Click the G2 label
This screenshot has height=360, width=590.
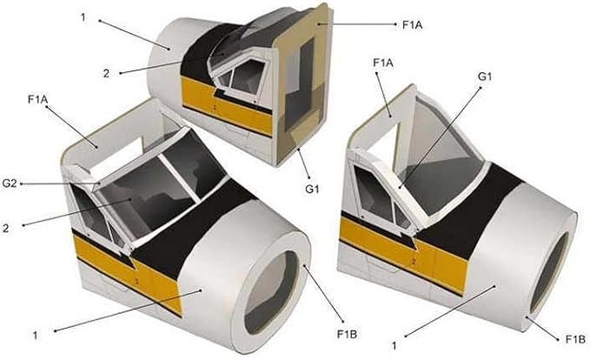(x=10, y=184)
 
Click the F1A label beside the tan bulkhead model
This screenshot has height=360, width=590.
(x=413, y=25)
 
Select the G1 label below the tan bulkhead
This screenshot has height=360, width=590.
(x=312, y=190)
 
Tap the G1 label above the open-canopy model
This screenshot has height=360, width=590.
(x=485, y=77)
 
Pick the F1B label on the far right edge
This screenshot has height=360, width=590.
(x=576, y=339)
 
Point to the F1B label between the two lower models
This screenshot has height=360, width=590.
(x=347, y=334)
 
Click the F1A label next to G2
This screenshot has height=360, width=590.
(x=38, y=100)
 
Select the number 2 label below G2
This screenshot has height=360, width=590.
(x=5, y=229)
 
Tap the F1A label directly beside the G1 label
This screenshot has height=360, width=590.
(x=383, y=63)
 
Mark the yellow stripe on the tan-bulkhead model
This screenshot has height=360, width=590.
(x=226, y=105)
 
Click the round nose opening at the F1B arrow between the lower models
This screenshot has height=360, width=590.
(x=268, y=292)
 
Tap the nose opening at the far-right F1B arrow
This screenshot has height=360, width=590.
(x=550, y=273)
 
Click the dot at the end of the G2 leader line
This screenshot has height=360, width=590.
(x=23, y=183)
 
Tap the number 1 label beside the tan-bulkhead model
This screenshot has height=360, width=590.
(x=83, y=17)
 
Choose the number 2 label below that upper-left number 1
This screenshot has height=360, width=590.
(x=107, y=73)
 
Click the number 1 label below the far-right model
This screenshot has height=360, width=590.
(x=394, y=345)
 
